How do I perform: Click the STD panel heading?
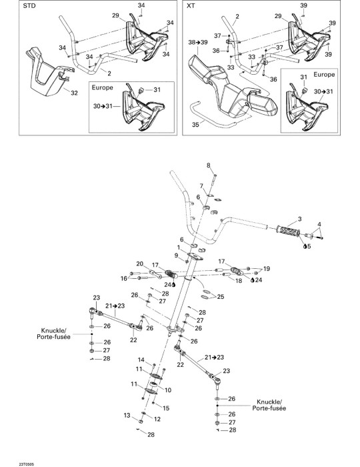coord(29,5)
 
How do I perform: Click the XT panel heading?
coord(191,5)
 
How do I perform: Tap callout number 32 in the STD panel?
coord(74,93)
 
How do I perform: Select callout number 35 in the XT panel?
coord(195,124)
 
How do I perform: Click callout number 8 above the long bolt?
coord(208,165)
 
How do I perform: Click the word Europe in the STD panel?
coord(103,87)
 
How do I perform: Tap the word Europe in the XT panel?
coord(324,74)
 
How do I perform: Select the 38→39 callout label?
coord(198,42)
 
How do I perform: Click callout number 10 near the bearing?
coord(168,390)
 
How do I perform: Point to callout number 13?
coord(127,415)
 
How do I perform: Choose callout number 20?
coord(140,264)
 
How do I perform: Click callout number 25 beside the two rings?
coord(221,297)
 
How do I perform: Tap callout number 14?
coord(141,360)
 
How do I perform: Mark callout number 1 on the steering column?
coord(179,248)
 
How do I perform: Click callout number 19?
coord(267,269)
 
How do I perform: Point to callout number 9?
coord(176,256)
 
